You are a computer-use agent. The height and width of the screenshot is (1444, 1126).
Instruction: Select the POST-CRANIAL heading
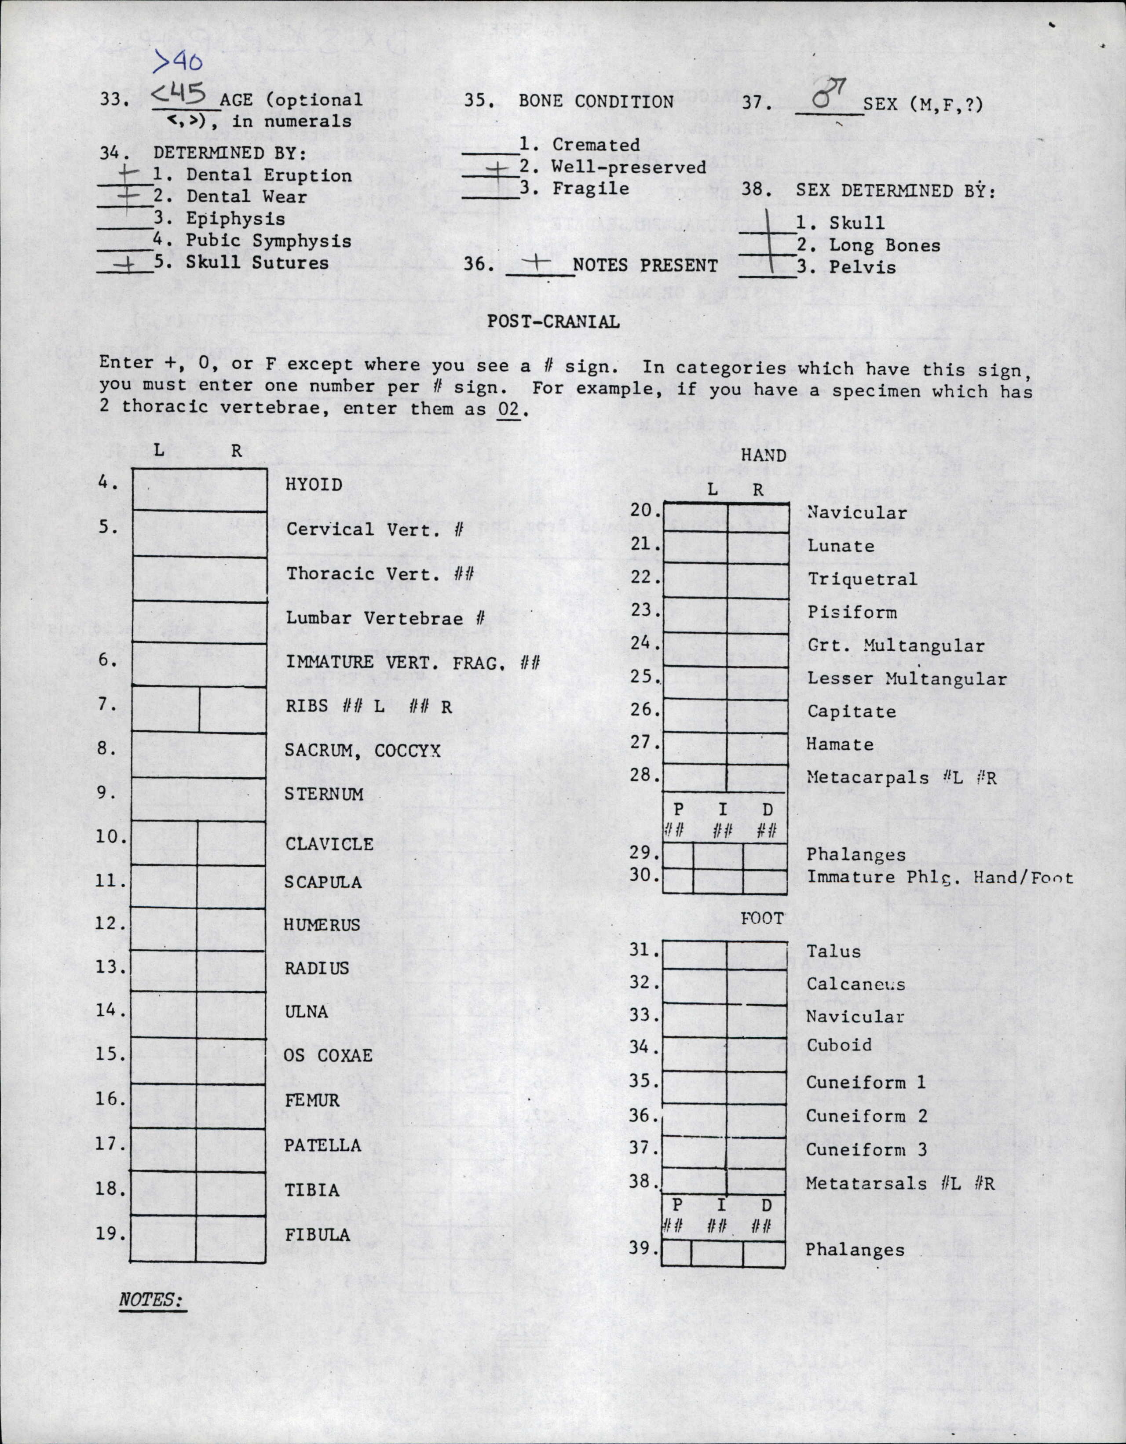(553, 322)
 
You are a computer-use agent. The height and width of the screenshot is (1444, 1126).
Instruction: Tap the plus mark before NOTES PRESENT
(539, 263)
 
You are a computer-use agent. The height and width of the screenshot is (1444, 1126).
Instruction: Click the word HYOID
(314, 485)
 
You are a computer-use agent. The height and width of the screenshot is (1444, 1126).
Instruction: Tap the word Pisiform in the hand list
(852, 612)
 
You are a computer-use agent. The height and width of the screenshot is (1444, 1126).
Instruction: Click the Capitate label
(852, 712)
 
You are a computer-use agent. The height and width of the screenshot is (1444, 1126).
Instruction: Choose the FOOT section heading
(762, 919)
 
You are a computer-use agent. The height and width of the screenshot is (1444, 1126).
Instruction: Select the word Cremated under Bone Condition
(596, 145)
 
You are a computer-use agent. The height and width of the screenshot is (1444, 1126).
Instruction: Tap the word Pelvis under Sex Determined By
(863, 268)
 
